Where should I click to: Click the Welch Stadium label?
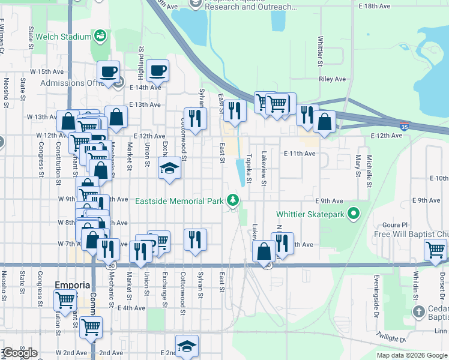coord(58,37)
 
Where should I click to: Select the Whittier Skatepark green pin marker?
coord(354,214)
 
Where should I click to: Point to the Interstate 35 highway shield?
coord(405,127)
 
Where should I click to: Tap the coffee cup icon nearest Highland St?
coord(157,71)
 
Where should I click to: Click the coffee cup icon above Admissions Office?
coord(108,72)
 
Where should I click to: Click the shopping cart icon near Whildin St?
coord(435,249)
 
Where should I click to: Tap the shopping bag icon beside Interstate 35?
coord(324,122)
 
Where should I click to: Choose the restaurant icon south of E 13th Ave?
coord(194,118)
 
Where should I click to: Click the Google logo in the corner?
coord(20,353)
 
